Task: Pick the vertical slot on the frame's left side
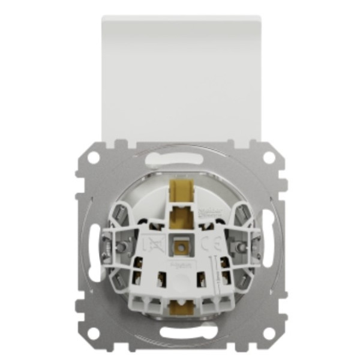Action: click(91, 246)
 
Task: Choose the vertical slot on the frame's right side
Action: click(269, 246)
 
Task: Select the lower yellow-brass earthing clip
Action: click(179, 308)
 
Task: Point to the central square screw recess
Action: click(180, 245)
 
